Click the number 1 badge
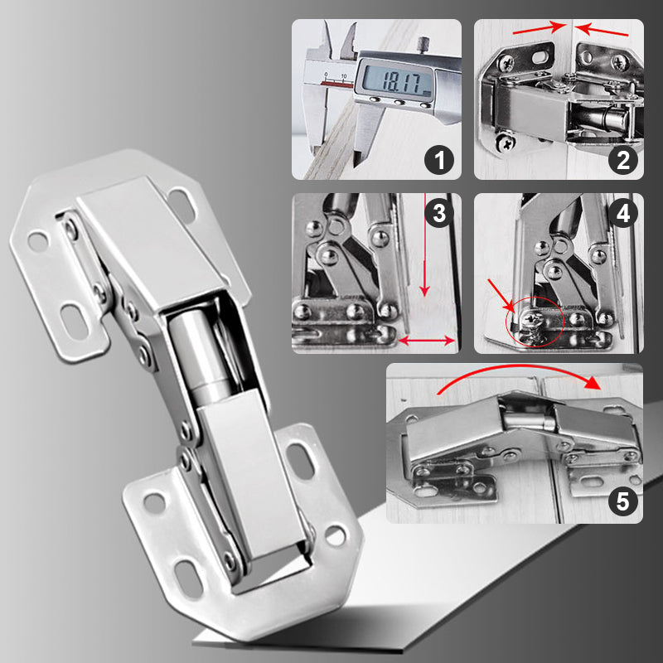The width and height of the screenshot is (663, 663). click(439, 158)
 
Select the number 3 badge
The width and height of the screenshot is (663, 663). click(438, 213)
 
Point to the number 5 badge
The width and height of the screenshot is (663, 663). click(622, 501)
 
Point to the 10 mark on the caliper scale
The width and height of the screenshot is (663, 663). click(344, 75)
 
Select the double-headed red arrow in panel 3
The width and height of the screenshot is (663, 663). click(427, 340)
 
